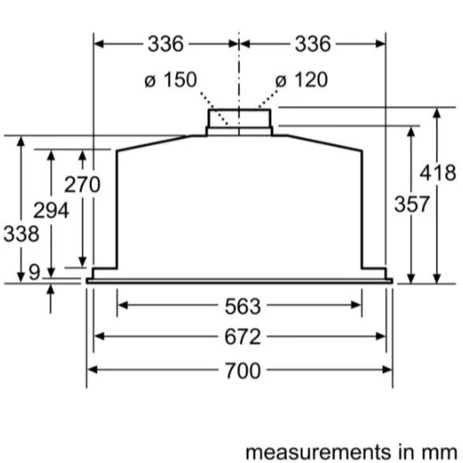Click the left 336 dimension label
point(166,44)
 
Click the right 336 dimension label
point(313,44)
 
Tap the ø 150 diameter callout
point(171,79)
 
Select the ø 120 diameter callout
point(302,79)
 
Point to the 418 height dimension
point(438,173)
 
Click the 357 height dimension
point(412,204)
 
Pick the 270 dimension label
point(82,184)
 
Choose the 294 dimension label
point(51,210)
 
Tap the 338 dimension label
point(21,234)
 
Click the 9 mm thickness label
point(34,272)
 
